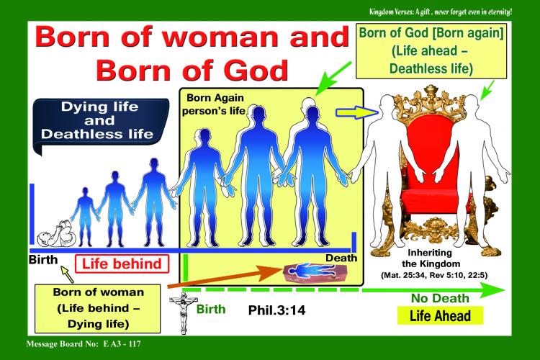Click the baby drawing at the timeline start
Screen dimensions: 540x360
click(x=56, y=234)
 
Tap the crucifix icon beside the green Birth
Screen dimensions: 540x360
click(x=183, y=312)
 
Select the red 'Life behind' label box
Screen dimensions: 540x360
click(x=122, y=264)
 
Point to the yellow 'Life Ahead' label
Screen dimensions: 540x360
click(x=440, y=315)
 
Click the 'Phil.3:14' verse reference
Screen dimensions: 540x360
click(x=276, y=310)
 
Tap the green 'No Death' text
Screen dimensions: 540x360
click(x=440, y=298)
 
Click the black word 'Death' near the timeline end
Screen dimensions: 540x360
click(x=341, y=258)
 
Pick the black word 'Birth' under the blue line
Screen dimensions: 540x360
click(x=43, y=259)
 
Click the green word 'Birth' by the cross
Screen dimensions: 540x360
click(x=211, y=309)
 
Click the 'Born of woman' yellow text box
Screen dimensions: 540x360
click(x=97, y=308)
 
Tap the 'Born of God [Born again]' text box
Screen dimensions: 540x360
click(x=431, y=51)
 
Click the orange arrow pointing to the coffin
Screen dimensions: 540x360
click(x=225, y=278)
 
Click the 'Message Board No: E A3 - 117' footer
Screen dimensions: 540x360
click(x=84, y=344)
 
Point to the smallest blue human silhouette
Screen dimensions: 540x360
click(x=85, y=217)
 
